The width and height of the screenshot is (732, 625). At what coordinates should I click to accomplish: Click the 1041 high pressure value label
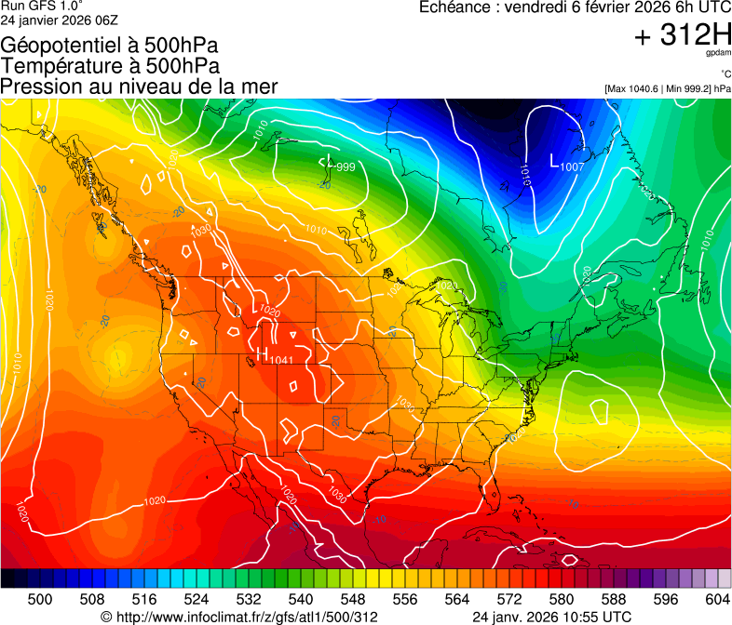[281, 360]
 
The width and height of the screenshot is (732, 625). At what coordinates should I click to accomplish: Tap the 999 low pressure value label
[344, 167]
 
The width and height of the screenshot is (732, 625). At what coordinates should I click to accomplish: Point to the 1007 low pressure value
[572, 166]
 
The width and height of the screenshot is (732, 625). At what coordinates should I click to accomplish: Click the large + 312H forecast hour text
[683, 36]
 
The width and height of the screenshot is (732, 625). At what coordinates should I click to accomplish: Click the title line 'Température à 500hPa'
[110, 66]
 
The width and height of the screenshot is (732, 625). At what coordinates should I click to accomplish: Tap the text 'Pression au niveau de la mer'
[139, 86]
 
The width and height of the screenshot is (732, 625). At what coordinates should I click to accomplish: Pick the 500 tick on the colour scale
[40, 598]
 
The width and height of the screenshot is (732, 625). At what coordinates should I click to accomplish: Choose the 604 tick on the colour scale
[717, 598]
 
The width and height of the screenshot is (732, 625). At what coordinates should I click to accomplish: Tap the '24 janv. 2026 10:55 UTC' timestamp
[552, 617]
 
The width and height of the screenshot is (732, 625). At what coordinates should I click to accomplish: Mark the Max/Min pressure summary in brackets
[668, 89]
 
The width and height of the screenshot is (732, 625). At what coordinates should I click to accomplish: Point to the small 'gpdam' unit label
[719, 55]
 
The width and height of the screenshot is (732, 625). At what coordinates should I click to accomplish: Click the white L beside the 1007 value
[555, 162]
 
